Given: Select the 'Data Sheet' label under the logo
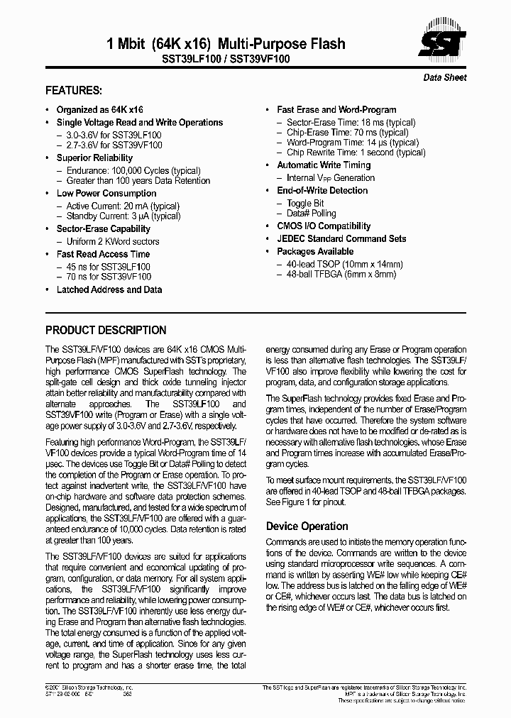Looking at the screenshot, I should click(445, 77).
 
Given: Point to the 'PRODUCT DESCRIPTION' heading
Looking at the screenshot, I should click(106, 331).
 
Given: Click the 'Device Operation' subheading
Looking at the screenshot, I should click(307, 526).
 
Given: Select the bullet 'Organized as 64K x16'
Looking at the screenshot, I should click(99, 110).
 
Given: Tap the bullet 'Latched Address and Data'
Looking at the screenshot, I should click(109, 289).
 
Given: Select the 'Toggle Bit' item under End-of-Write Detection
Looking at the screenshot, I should click(305, 204).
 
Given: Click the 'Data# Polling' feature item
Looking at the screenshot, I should click(311, 214).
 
